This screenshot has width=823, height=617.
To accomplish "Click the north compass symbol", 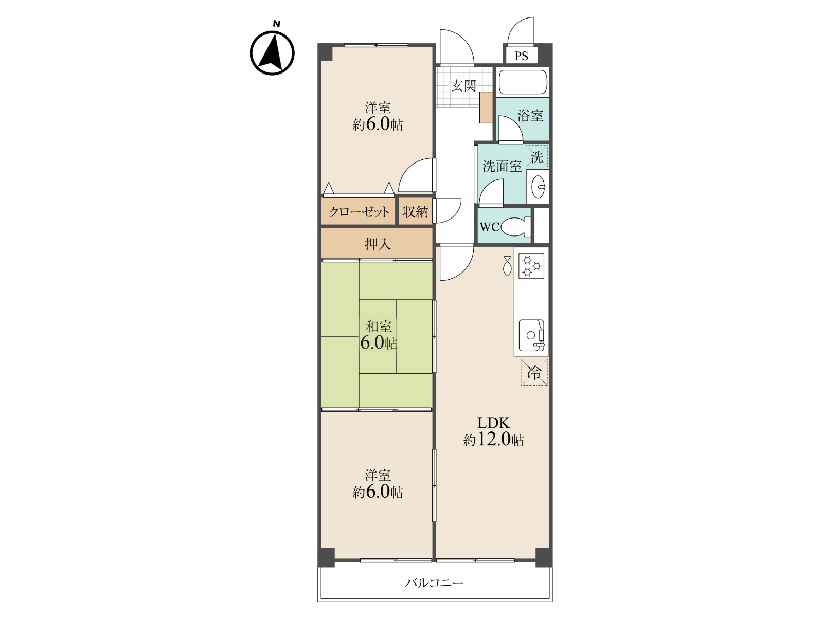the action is click(272, 50).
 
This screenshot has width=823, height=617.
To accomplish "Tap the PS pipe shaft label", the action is click(521, 56).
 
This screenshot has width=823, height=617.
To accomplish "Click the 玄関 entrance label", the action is click(463, 86).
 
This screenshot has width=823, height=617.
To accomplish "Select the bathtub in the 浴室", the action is click(523, 82).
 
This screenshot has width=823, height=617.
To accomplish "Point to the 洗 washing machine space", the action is click(537, 157).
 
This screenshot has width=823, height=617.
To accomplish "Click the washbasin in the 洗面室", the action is click(538, 187).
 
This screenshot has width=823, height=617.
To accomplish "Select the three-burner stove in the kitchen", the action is click(531, 266).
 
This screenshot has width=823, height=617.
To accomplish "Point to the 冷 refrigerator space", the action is click(534, 372).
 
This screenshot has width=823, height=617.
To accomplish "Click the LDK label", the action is click(493, 423).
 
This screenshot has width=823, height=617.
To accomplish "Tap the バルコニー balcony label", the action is click(434, 583).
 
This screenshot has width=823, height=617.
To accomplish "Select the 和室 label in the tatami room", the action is click(379, 326).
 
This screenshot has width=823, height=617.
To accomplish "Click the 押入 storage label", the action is click(378, 244).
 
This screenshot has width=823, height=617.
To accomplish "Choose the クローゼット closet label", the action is click(359, 212).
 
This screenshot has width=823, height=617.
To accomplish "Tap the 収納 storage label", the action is click(416, 212).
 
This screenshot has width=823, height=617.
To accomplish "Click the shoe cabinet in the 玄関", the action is click(486, 107).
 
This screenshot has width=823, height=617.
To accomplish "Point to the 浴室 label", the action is click(530, 115).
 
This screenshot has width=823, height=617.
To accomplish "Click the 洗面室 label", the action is click(502, 166).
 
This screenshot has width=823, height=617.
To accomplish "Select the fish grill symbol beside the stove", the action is click(507, 266).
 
